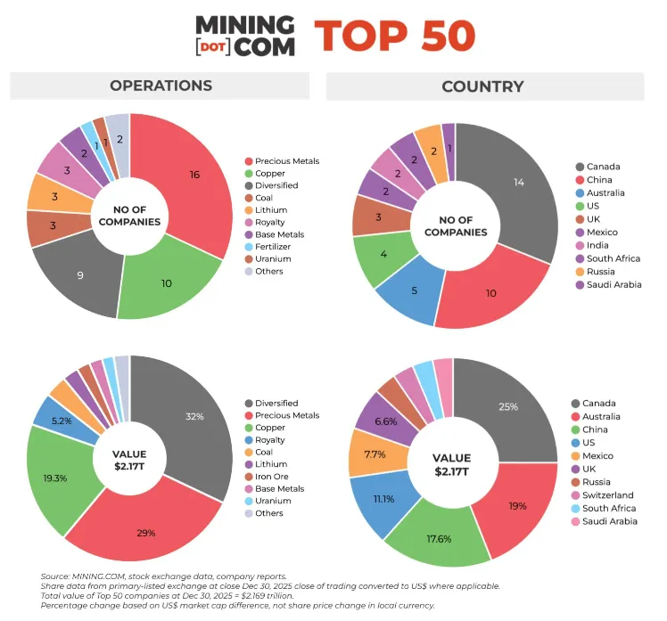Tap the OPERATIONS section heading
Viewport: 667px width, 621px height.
pos(161,86)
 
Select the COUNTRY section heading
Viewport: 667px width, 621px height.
pos(482,86)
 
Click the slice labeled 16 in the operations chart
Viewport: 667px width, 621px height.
pos(194,174)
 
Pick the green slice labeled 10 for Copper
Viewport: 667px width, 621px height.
pos(166,282)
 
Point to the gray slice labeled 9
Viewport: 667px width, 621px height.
pos(79,275)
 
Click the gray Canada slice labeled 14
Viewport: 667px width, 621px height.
pos(518,182)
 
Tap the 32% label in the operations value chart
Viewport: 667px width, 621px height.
pos(194,416)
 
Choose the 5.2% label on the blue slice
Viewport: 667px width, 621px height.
pos(62,420)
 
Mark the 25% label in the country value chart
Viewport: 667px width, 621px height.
pos(508,406)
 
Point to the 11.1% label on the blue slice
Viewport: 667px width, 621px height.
pos(384,500)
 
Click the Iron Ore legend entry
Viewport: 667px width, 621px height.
pos(273,476)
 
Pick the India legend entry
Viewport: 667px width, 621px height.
pos(598,245)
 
